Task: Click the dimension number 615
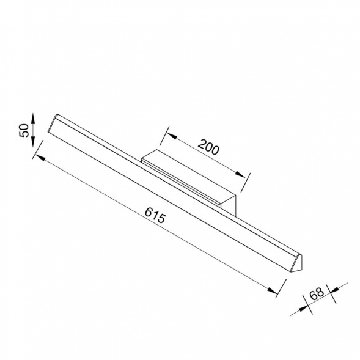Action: coord(155,215)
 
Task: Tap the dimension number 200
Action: coord(208,147)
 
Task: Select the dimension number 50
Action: coord(24,130)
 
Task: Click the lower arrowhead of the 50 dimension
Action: coord(32,142)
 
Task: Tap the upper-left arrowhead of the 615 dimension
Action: coord(40,158)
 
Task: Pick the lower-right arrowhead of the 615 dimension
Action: coord(273,290)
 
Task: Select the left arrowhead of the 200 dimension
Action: coord(172,136)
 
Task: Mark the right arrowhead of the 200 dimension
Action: coord(240,174)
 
